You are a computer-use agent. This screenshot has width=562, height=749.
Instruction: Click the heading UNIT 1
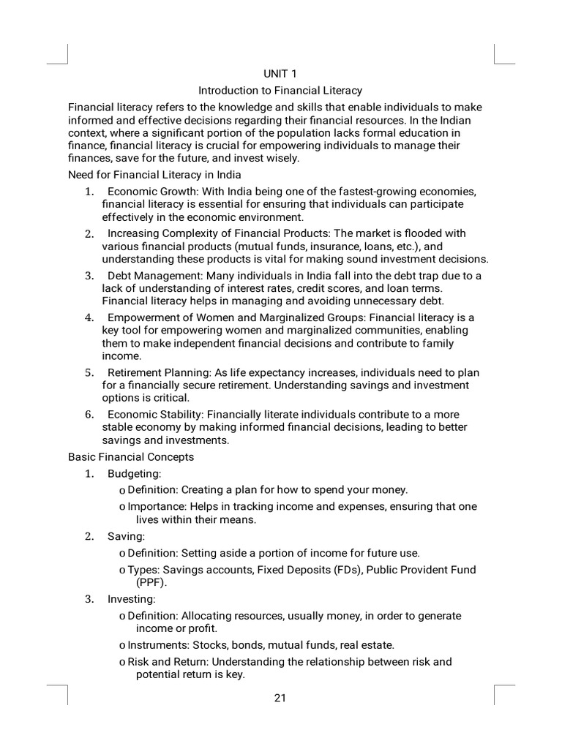pos(280,74)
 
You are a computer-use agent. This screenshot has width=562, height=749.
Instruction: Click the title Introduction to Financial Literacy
pos(280,91)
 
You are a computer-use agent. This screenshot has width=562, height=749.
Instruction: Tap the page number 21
pos(280,697)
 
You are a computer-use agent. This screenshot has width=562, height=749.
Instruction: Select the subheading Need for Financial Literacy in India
pos(154,175)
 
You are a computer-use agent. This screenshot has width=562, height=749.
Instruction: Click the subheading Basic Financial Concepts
pos(131,456)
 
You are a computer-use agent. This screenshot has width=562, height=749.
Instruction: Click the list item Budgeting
pos(134,474)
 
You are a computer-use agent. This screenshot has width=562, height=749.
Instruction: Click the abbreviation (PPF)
pos(151,582)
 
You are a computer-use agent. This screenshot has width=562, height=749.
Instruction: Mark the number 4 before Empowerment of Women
pos(89,317)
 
